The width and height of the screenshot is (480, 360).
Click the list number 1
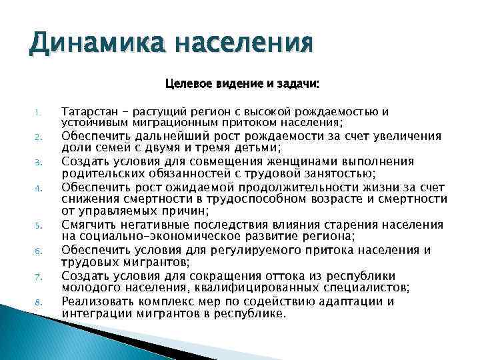[39, 112]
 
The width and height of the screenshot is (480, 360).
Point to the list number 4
[39, 188]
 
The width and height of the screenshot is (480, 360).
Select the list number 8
[39, 302]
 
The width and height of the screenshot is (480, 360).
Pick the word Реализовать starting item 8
[95, 301]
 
